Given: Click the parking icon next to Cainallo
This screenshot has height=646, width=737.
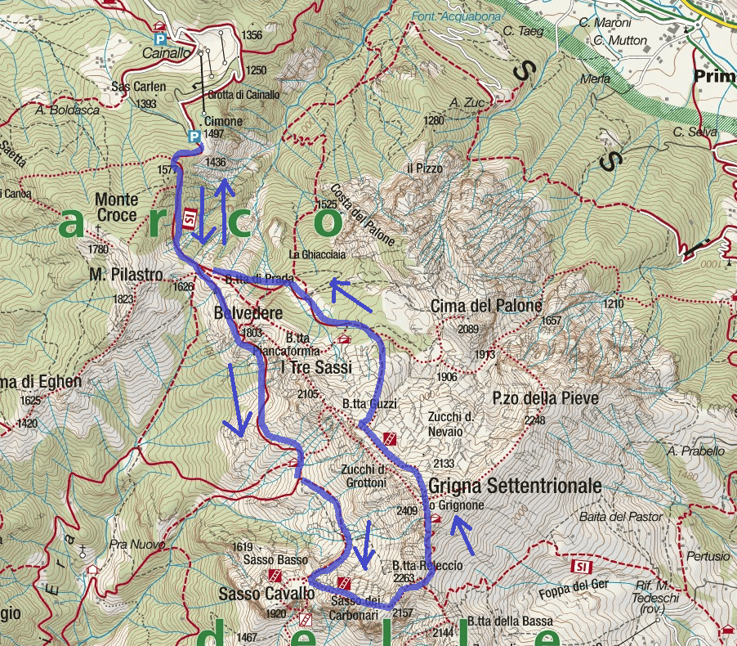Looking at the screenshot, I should pyautogui.click(x=160, y=38).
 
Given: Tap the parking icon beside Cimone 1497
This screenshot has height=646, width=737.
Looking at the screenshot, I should pyautogui.click(x=194, y=137).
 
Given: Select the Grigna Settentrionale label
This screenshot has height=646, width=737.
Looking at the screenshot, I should pyautogui.click(x=515, y=486).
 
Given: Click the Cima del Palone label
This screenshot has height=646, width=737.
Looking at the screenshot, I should pyautogui.click(x=486, y=306).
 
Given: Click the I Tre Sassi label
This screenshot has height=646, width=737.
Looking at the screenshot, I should pyautogui.click(x=315, y=368).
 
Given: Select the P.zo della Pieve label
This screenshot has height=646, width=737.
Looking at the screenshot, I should pyautogui.click(x=545, y=398).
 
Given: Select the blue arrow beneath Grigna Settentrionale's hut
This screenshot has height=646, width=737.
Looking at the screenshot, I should pyautogui.click(x=462, y=538).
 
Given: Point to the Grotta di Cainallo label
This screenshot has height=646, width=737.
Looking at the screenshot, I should pyautogui.click(x=244, y=95).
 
